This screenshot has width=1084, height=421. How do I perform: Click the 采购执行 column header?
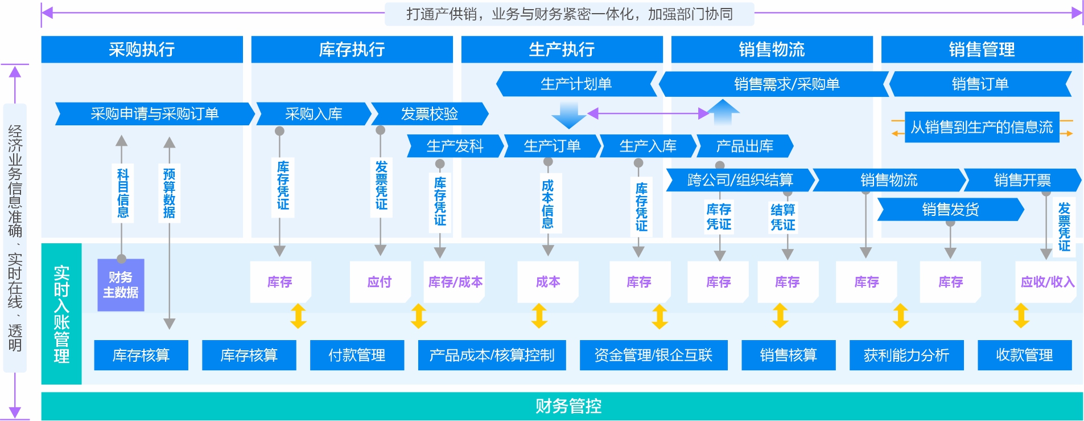point(142,50)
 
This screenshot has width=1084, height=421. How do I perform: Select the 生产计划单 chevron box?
point(576,84)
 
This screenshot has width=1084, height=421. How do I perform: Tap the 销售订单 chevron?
point(980,84)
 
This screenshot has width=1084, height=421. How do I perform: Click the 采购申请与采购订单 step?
point(154,114)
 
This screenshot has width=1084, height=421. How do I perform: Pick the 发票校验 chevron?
point(429,114)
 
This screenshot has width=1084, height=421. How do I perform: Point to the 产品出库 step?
point(744,146)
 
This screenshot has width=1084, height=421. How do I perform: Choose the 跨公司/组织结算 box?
point(740,180)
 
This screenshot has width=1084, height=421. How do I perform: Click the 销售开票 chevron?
point(1022,180)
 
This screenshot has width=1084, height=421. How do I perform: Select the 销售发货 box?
point(950,210)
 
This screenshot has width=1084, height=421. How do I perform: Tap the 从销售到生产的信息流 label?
point(982,127)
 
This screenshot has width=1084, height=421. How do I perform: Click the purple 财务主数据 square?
point(121,285)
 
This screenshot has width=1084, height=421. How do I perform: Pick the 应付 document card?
point(380,282)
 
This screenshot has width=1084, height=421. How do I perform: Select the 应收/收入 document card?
point(1047,282)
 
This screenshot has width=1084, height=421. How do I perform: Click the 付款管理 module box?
point(357,355)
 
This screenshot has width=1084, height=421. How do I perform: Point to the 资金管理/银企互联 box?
point(653,355)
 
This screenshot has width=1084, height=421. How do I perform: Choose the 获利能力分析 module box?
point(906,355)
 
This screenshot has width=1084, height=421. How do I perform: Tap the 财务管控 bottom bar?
point(568,406)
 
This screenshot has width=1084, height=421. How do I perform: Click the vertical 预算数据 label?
point(169,193)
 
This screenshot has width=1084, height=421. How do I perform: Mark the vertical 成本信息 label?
point(547,203)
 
